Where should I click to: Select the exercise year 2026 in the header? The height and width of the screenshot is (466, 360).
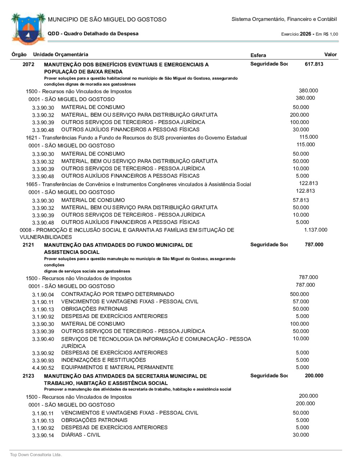pyautogui.click(x=305, y=34)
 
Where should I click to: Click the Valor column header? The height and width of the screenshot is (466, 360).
pyautogui.click(x=330, y=55)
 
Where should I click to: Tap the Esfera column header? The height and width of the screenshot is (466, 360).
pyautogui.click(x=258, y=55)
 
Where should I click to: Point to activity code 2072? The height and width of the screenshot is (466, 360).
pyautogui.click(x=28, y=64)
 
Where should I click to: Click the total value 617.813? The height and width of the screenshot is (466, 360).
pyautogui.click(x=314, y=64)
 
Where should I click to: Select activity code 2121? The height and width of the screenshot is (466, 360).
pyautogui.click(x=28, y=245)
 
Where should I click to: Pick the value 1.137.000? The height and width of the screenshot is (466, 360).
pyautogui.click(x=316, y=230)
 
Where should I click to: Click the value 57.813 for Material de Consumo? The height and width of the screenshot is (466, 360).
pyautogui.click(x=301, y=200)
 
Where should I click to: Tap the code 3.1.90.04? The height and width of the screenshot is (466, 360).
pyautogui.click(x=43, y=295)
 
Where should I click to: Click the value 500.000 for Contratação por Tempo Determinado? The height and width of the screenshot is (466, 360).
pyautogui.click(x=299, y=294)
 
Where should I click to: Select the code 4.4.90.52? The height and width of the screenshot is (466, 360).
pyautogui.click(x=43, y=368)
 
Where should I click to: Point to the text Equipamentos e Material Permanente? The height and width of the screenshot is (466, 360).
pyautogui.click(x=117, y=367)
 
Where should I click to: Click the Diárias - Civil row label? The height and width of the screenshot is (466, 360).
pyautogui.click(x=81, y=435)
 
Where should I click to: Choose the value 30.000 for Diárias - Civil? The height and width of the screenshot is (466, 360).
pyautogui.click(x=301, y=435)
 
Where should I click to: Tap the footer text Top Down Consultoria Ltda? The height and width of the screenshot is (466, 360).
pyautogui.click(x=36, y=455)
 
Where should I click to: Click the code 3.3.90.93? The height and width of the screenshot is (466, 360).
pyautogui.click(x=43, y=360)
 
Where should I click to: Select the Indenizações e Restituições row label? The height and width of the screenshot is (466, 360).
pyautogui.click(x=103, y=360)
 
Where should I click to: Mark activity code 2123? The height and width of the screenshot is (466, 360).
pyautogui.click(x=28, y=376)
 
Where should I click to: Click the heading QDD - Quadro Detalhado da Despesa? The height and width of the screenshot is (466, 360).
pyautogui.click(x=93, y=33)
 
